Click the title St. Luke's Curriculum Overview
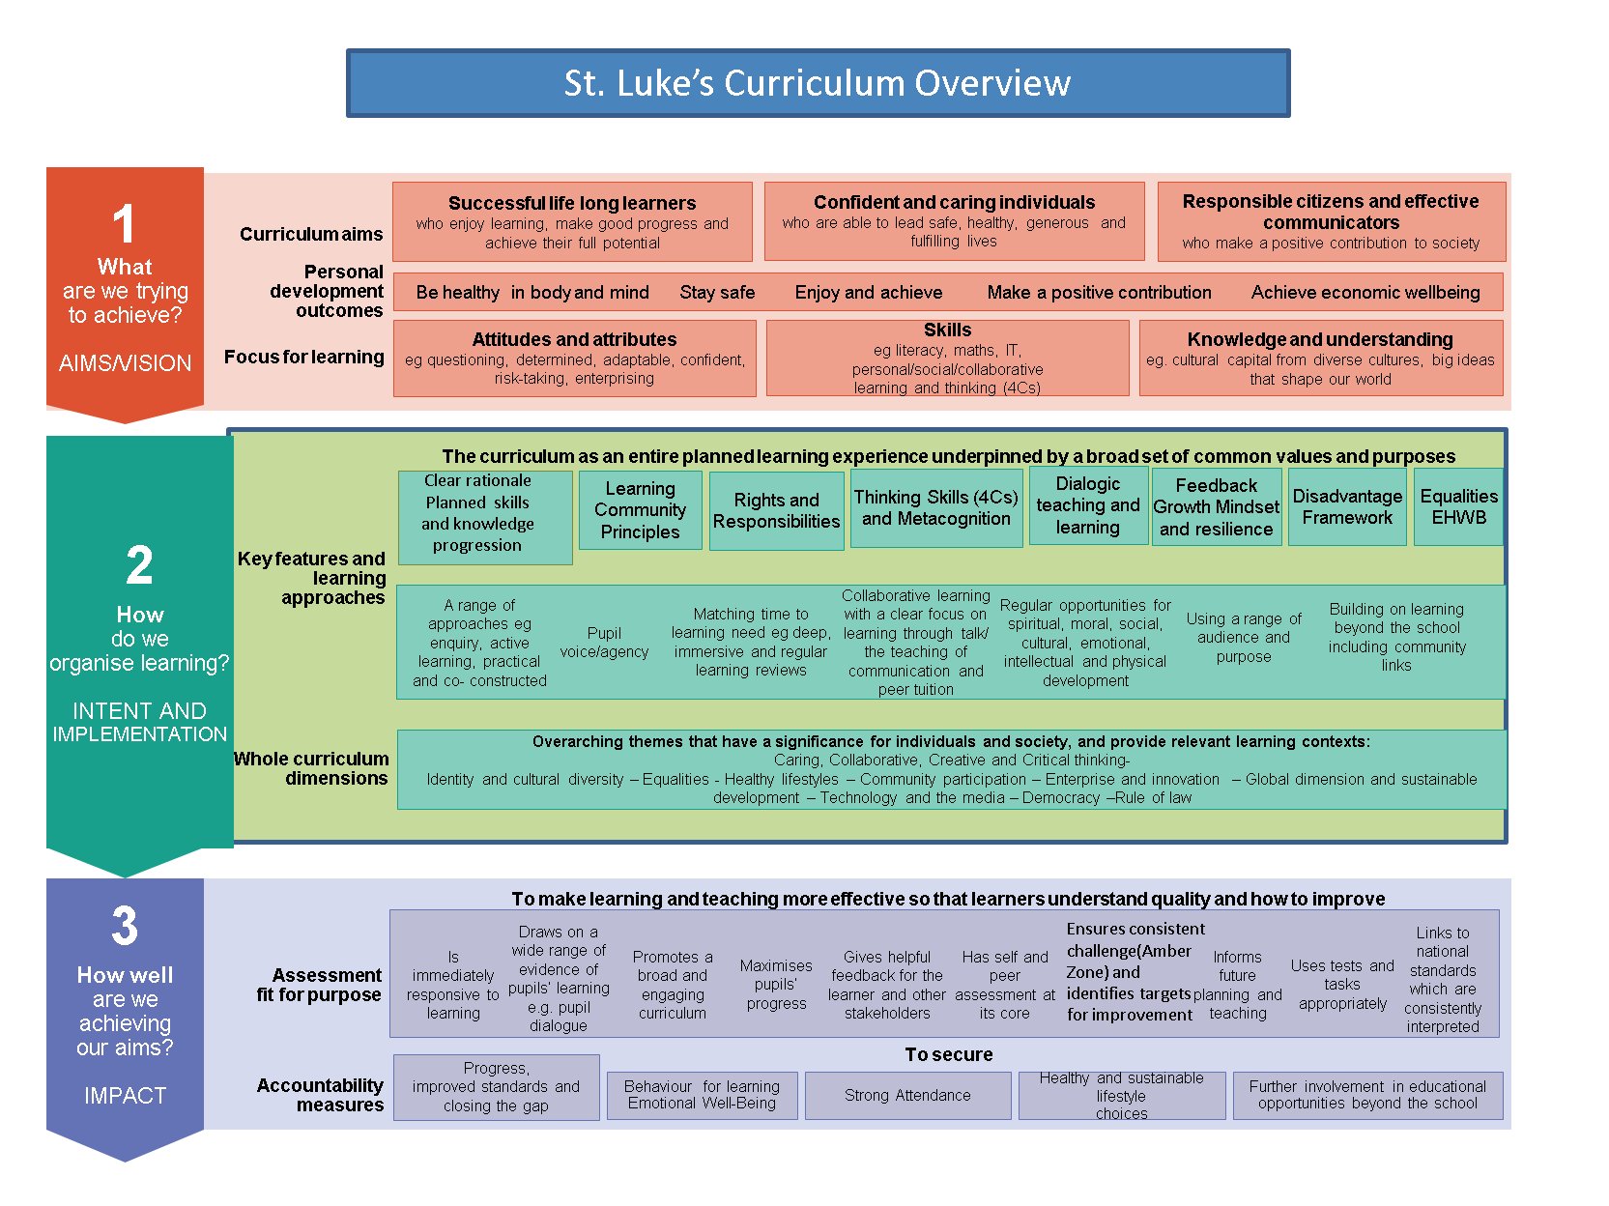click(818, 83)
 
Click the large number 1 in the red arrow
click(124, 223)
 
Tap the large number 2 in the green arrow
click(139, 565)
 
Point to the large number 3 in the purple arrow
click(125, 926)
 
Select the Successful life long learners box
click(572, 221)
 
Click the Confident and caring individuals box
click(954, 220)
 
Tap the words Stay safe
click(717, 293)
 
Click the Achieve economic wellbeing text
click(1365, 293)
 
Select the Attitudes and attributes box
click(574, 359)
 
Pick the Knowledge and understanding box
click(1320, 359)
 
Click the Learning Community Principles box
click(640, 510)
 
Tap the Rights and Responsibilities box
click(776, 510)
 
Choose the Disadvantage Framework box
click(1346, 507)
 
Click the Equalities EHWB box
click(1458, 507)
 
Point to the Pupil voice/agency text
click(604, 643)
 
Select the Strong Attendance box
click(907, 1096)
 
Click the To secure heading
click(949, 1054)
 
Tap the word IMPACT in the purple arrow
click(125, 1096)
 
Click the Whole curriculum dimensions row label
click(311, 768)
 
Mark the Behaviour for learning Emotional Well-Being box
click(702, 1096)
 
